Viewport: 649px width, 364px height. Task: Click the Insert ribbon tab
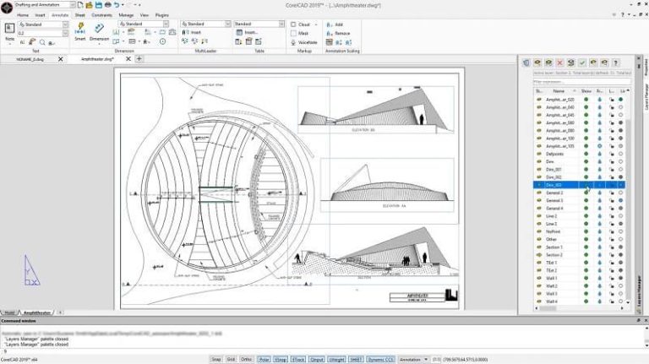click(41, 15)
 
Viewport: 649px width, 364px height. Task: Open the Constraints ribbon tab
click(101, 15)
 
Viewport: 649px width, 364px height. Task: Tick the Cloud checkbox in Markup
click(294, 25)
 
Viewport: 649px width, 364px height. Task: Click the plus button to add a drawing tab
click(139, 59)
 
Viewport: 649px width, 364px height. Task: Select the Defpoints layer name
click(554, 154)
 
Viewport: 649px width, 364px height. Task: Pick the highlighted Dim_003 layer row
click(554, 185)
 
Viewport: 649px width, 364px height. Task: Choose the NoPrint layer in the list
click(553, 231)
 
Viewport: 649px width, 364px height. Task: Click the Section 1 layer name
click(554, 247)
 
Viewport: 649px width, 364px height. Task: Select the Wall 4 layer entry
click(552, 301)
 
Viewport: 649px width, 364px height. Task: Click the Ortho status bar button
click(246, 359)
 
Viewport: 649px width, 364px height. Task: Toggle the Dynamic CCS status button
click(379, 359)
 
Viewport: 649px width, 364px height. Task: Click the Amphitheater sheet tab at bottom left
click(37, 312)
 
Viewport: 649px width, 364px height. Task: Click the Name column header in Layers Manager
click(559, 91)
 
